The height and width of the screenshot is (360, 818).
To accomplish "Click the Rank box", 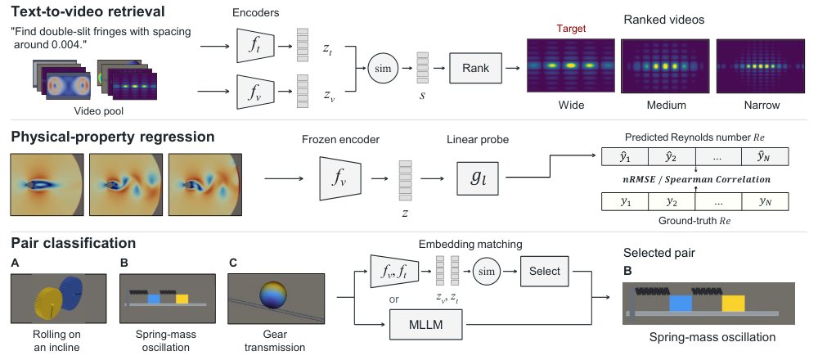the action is pos(475,68).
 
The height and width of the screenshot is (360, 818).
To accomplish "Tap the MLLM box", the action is pos(427,326).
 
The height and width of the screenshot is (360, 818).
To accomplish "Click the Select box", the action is pos(545,272).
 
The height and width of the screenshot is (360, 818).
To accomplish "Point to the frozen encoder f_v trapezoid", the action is pos(339,178).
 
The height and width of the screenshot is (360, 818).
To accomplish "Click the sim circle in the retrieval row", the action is pos(383,68).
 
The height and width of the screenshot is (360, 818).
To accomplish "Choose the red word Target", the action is pos(571,29).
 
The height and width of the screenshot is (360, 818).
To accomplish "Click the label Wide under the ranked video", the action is pos(571,106).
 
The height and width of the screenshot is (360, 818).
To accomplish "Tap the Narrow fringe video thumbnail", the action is pos(760,66).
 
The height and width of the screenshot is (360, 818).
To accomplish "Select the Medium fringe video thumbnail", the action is pos(665,66).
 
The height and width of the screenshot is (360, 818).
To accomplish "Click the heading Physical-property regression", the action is pos(113,137).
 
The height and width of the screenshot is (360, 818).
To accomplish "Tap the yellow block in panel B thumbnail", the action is pos(182,299).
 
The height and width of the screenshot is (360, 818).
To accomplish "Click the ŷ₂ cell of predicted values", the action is pos(672,157).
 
